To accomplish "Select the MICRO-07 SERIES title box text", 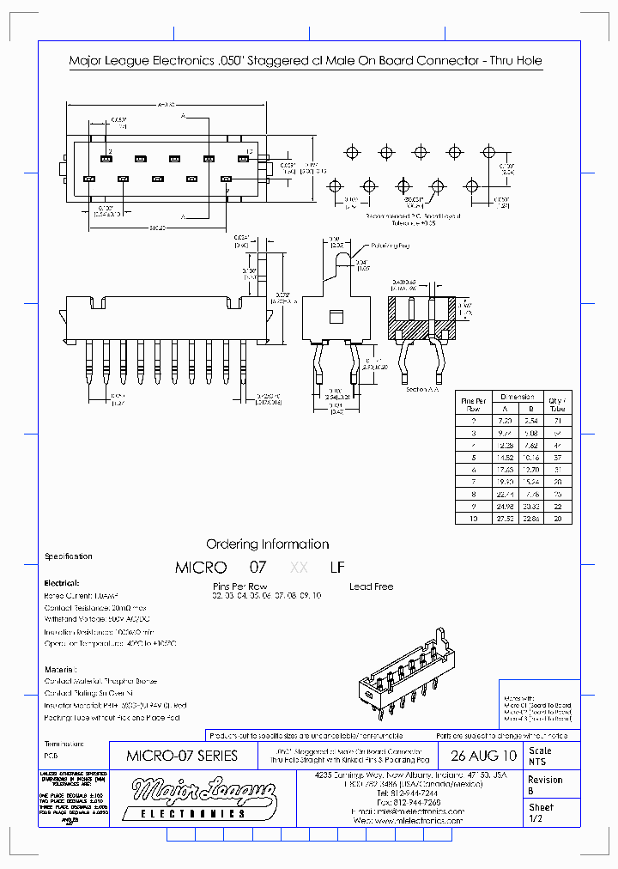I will (181, 757).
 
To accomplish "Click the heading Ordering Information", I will (267, 544).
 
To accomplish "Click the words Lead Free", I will (372, 586).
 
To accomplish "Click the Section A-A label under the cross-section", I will (424, 389).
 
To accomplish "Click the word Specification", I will (68, 556).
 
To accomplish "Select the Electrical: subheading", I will (61, 581).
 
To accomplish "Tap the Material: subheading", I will (59, 668).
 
